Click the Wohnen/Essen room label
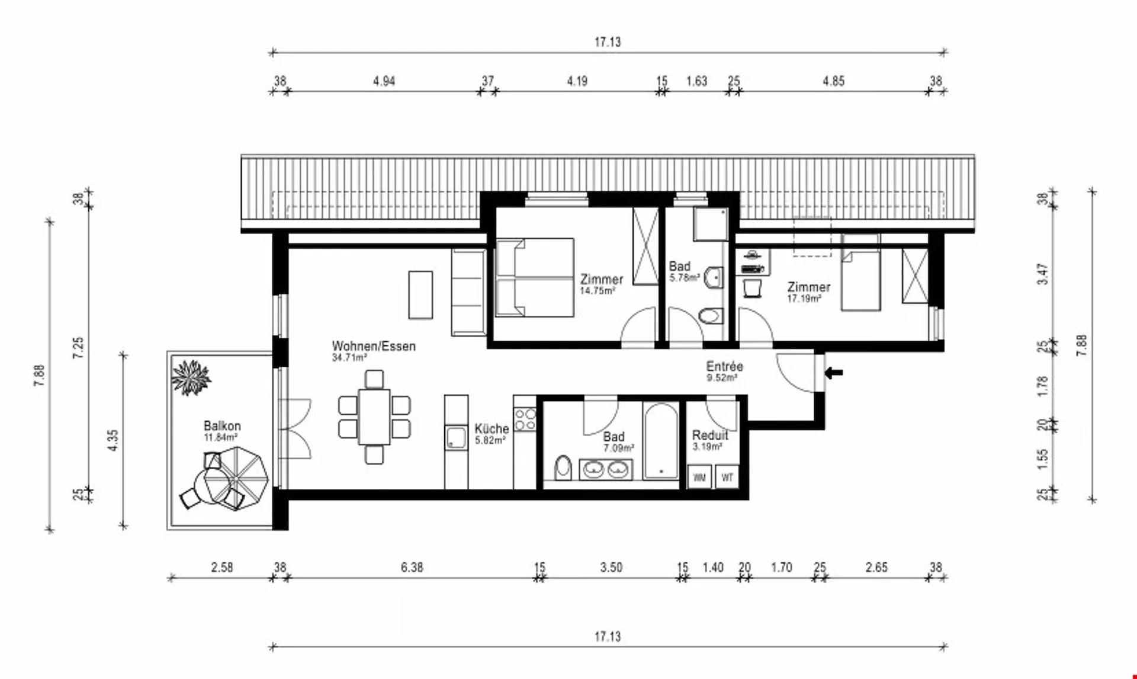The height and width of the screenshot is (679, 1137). pos(374,346)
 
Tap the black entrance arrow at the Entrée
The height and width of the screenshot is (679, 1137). pos(834,373)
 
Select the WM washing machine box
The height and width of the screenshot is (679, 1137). pos(699,477)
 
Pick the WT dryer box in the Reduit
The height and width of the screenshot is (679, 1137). pos(727,477)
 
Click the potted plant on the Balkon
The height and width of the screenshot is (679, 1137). pos(191,377)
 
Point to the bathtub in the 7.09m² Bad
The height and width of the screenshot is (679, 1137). pos(661,440)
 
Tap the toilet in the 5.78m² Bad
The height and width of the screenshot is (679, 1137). pos(711,316)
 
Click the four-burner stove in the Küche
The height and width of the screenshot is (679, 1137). pos(525,419)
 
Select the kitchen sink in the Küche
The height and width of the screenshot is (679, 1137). pos(457,438)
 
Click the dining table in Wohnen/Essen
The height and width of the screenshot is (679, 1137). pos(374,417)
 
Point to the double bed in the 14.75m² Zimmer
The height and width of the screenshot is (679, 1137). pos(535,277)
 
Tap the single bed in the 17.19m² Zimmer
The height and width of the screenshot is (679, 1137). pos(860,273)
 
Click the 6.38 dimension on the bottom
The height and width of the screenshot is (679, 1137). pos(412,567)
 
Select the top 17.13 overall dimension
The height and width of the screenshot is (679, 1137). pos(608,42)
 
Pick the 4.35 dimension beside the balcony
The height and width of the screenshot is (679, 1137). pos(113,440)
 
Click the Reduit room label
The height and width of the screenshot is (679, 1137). pos(710,435)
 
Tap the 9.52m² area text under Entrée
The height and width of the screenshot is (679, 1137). pos(722,377)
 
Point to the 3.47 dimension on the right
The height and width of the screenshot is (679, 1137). pos(1043,274)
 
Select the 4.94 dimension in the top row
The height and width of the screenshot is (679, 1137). pos(384,81)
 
